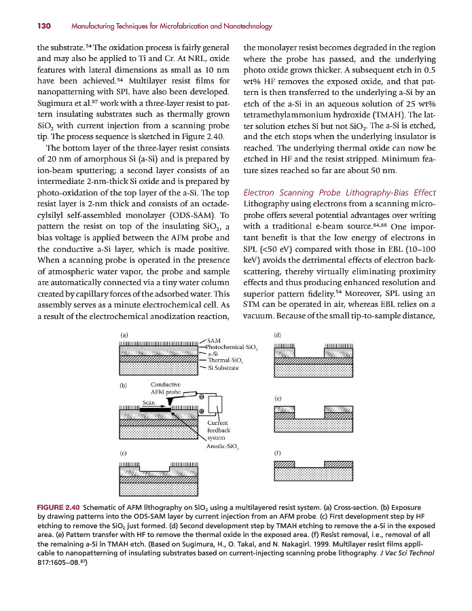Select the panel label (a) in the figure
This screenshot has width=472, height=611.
[124, 335]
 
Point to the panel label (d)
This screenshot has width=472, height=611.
[278, 335]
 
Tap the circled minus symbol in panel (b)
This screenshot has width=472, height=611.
[201, 395]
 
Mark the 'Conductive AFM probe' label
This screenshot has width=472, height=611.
[165, 388]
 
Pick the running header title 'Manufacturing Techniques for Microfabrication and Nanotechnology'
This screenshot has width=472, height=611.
[171, 26]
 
